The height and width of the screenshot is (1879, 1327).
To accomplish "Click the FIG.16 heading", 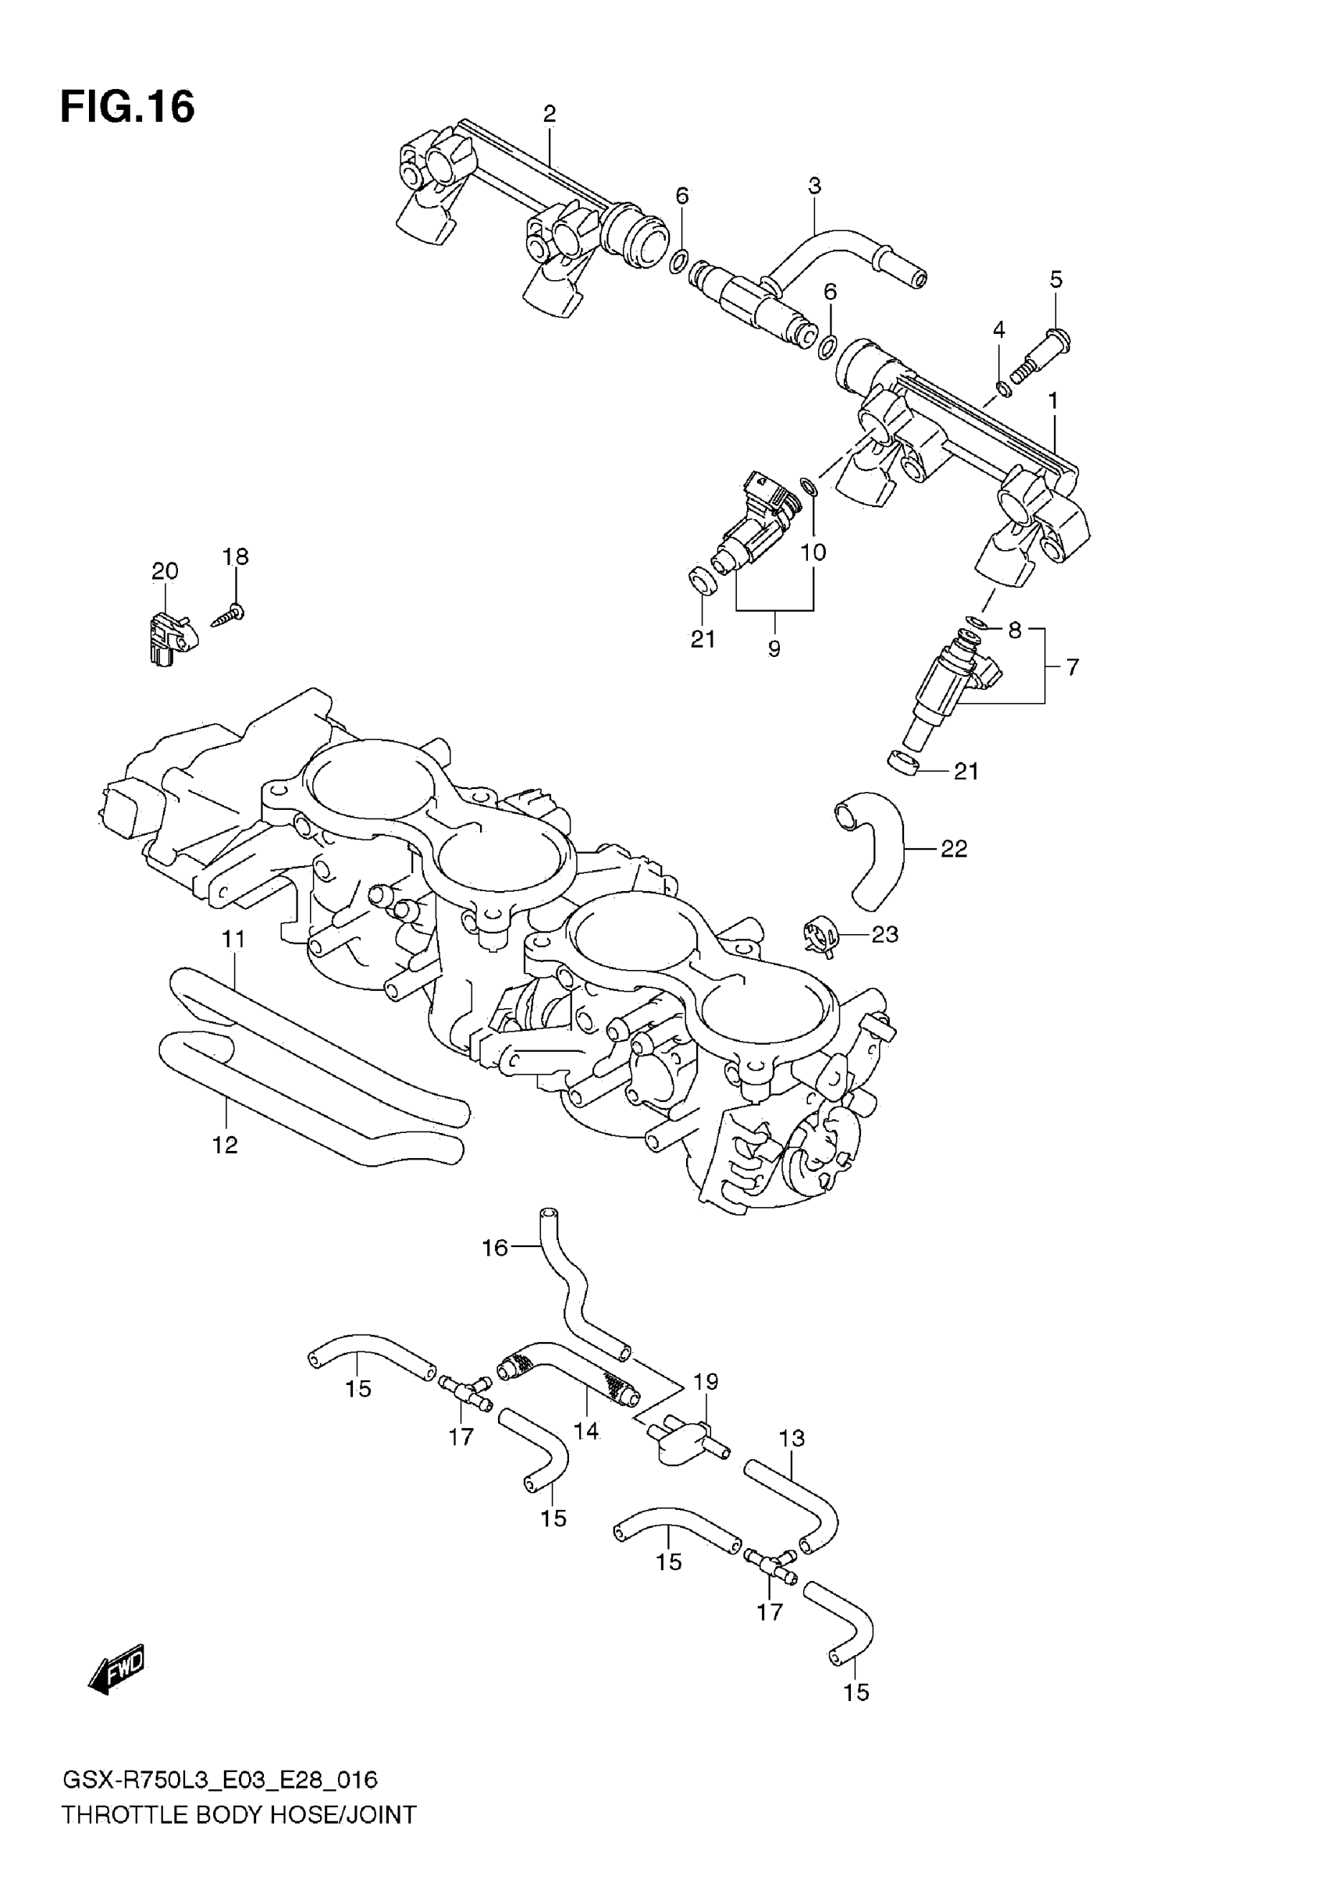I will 127,107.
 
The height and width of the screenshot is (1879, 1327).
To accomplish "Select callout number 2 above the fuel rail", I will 550,114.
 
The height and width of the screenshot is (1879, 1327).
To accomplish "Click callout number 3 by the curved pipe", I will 813,186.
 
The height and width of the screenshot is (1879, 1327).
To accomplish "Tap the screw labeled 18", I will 229,615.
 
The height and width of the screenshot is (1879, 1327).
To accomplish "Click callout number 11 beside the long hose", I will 234,939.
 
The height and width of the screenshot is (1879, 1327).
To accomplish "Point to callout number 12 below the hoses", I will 225,1145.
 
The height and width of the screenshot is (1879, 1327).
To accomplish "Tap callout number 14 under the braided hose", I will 586,1430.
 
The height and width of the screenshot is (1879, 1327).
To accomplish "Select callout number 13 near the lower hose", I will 792,1438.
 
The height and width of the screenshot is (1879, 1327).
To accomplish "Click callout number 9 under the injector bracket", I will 774,649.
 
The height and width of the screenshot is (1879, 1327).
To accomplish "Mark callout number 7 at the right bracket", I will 1073,667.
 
